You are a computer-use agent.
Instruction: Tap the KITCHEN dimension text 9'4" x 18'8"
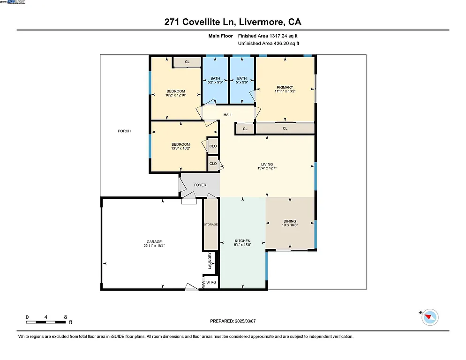[x=242, y=245]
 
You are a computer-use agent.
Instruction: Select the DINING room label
[x=290, y=221]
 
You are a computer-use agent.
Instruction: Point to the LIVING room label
[x=267, y=165]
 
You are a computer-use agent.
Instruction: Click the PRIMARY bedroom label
[x=285, y=87]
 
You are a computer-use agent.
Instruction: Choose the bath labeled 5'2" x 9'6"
[x=215, y=80]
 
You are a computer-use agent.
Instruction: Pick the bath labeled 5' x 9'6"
[x=241, y=80]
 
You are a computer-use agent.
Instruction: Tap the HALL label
[x=228, y=115]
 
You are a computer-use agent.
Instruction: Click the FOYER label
[x=200, y=185]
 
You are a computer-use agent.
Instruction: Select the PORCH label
[x=124, y=131]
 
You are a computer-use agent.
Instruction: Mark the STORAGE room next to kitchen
[x=210, y=225]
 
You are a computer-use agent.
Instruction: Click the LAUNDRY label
[x=210, y=261]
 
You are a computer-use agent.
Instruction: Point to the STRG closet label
[x=211, y=282]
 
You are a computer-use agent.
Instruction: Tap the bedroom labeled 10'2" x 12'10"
[x=176, y=93]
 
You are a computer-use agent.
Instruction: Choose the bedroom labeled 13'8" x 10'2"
[x=180, y=146]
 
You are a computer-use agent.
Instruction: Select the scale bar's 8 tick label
[x=64, y=317]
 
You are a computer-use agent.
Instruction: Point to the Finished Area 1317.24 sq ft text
[x=268, y=36]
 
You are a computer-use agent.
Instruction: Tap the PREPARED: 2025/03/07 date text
[x=233, y=321]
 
